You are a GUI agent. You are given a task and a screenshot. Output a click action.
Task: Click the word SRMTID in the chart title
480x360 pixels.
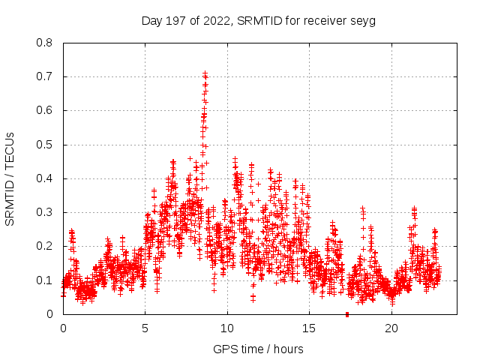click(257, 20)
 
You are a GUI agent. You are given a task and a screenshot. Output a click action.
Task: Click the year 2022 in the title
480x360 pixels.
click(216, 20)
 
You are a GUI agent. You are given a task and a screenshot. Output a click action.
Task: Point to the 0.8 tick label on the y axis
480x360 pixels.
click(45, 43)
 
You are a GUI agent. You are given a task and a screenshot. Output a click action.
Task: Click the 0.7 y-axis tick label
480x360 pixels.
click(45, 76)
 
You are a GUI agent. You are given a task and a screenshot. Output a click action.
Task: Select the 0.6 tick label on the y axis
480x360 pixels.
click(45, 110)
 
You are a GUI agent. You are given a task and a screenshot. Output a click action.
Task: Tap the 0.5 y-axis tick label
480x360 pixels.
click(45, 144)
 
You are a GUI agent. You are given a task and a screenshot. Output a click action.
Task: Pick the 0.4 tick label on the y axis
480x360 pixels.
click(45, 178)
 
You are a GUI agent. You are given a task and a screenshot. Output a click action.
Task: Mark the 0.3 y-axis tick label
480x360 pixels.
click(45, 212)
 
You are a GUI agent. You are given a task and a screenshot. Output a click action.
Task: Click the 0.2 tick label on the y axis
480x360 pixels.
click(45, 246)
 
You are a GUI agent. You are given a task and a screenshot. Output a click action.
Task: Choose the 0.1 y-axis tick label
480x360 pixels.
click(45, 280)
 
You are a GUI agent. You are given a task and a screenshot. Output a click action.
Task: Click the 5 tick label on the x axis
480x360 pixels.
click(145, 328)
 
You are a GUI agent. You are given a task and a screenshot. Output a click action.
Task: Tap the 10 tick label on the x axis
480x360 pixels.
click(227, 328)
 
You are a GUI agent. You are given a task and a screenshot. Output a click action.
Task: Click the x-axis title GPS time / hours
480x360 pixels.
click(259, 349)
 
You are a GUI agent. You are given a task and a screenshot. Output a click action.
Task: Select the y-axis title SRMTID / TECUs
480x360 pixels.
click(10, 178)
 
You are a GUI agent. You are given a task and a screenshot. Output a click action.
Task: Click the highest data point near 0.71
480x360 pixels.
click(205, 73)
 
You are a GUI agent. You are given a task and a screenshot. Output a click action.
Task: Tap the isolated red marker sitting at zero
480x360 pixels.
click(347, 313)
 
